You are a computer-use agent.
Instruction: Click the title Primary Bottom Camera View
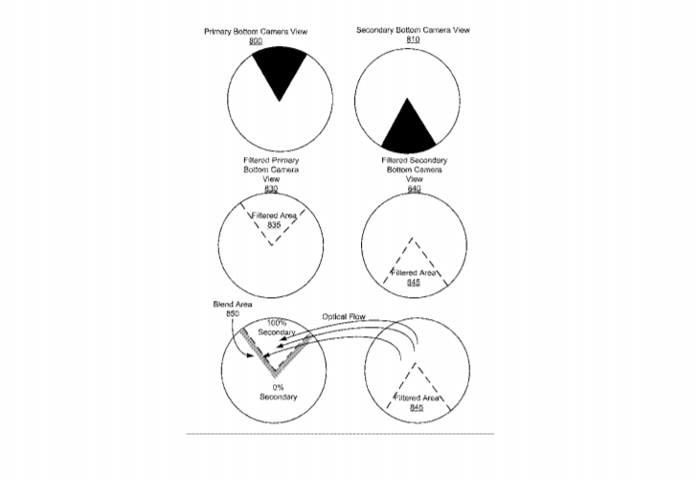(x=256, y=32)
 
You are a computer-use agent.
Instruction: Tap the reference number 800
(x=256, y=41)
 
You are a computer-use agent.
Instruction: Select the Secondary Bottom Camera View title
(x=413, y=30)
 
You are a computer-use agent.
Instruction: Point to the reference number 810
(x=413, y=39)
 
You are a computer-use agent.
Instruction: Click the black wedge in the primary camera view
(x=280, y=69)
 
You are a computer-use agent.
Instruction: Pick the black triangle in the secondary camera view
(x=408, y=129)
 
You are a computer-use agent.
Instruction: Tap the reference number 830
(x=271, y=189)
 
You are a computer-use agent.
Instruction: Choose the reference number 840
(x=415, y=189)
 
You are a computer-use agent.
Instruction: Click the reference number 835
(x=274, y=225)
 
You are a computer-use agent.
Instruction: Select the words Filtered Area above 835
(x=274, y=216)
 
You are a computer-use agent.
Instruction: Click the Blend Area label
(x=233, y=305)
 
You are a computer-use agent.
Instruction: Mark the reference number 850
(x=233, y=313)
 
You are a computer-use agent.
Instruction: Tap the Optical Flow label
(x=344, y=317)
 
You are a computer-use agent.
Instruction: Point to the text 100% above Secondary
(x=277, y=323)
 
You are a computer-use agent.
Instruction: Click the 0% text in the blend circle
(x=279, y=387)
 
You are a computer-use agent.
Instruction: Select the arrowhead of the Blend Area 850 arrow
(x=252, y=355)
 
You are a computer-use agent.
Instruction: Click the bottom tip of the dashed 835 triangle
(x=272, y=245)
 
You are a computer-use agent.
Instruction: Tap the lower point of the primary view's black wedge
(x=280, y=102)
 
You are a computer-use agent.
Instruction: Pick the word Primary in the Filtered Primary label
(x=284, y=161)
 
